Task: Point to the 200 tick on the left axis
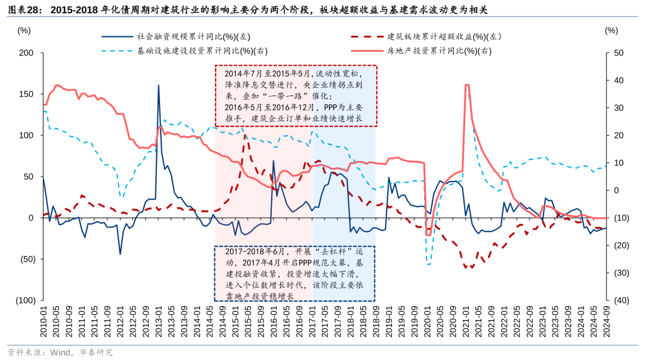26,53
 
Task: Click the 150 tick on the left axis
26,94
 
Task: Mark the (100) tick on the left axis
24,300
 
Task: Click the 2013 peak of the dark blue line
158,85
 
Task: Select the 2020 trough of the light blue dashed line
428,263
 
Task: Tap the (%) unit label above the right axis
611,30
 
